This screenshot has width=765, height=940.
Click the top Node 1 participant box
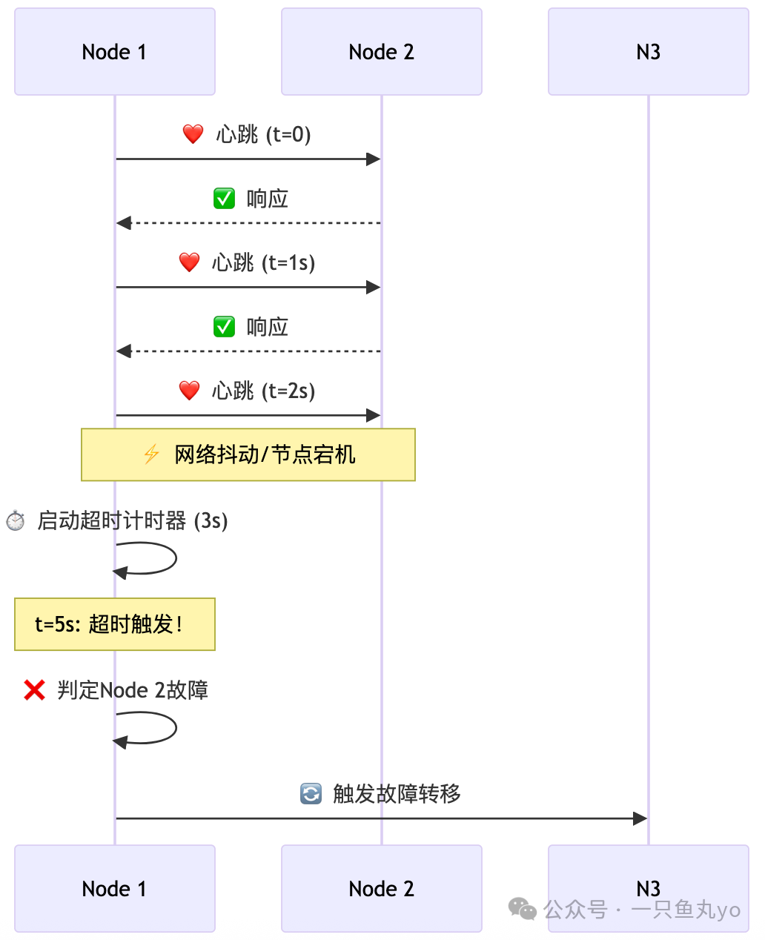[x=115, y=52]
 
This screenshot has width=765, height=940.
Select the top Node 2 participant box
[x=382, y=52]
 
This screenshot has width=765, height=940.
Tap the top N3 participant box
[x=649, y=52]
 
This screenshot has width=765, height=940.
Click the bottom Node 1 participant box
[x=115, y=888]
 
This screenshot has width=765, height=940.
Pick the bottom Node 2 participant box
[x=382, y=888]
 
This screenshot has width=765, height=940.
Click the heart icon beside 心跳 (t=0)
[x=193, y=134]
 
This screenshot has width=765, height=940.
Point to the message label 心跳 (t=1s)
[x=263, y=262]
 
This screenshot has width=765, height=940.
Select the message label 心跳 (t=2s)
[x=263, y=391]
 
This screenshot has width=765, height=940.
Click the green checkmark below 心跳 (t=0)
[x=224, y=199]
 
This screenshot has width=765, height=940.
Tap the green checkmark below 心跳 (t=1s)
[x=224, y=327]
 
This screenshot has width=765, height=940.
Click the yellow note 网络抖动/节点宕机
[x=248, y=454]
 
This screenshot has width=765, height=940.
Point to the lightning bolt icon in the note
[x=151, y=454]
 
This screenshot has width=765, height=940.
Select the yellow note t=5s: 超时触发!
[x=115, y=624]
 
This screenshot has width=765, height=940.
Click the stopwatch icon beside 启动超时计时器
[x=16, y=520]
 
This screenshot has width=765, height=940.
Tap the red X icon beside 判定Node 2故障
[x=34, y=690]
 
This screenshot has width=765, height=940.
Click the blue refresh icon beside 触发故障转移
[x=311, y=794]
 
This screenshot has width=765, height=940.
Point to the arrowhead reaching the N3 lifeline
[x=640, y=818]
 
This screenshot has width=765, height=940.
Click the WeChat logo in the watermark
[x=523, y=909]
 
